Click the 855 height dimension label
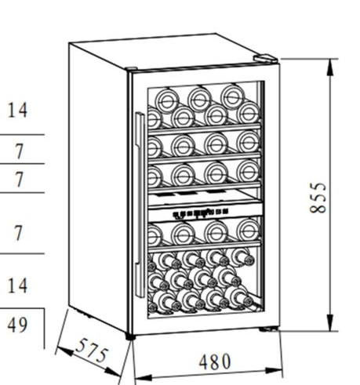pos(318,198)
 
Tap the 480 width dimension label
pos(215,361)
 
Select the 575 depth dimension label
pos(91,350)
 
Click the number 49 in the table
pos(17,325)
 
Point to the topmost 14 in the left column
pos(17,110)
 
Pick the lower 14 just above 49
pos(17,285)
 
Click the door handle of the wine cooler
pos(140,205)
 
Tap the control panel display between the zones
pos(201,213)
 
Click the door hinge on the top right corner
pos(266,58)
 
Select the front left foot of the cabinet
pos(130,336)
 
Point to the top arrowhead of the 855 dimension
pos(330,67)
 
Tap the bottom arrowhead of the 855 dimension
pos(330,323)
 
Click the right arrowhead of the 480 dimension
pos(274,371)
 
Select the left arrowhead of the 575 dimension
pos(65,351)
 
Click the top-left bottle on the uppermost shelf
pos(167,100)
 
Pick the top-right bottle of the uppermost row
pos(232,96)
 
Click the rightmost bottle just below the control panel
pos(249,231)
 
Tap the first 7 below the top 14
pos(19,151)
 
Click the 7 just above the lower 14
pos(18,233)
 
